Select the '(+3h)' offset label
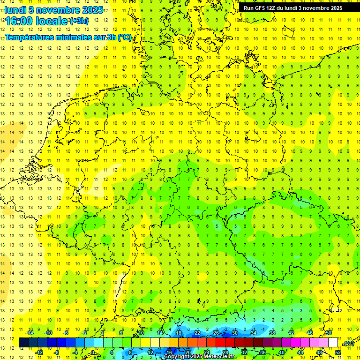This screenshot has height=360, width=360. click(78, 21)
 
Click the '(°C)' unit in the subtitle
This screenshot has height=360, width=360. click(125, 37)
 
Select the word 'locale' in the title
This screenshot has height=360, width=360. click(53, 21)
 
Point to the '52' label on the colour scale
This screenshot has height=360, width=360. click(337, 352)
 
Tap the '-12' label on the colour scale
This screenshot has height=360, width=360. click(39, 352)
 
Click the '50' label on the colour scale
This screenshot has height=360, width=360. click(329, 333)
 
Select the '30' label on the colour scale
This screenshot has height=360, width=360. click(234, 333)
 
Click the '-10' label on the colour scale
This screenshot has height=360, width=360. click(48, 333)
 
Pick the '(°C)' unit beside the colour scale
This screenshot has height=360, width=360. click(348, 344)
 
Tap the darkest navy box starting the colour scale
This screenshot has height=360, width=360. click(23, 343)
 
